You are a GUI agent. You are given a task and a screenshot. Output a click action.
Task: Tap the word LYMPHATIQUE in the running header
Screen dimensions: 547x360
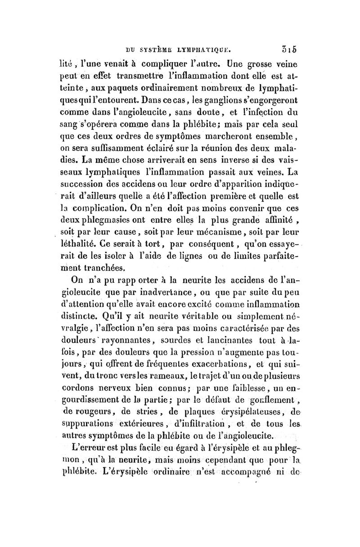pos(205,45)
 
